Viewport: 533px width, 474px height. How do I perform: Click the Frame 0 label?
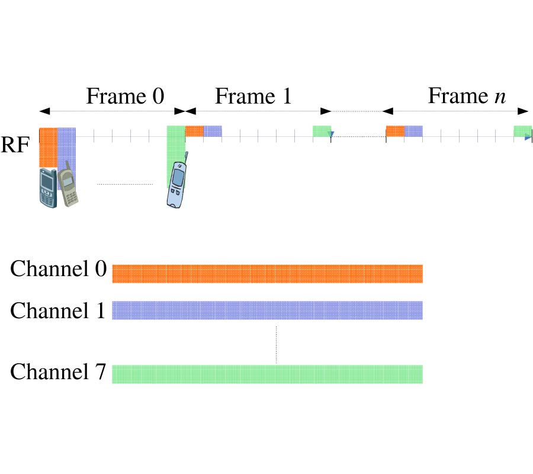point(125,96)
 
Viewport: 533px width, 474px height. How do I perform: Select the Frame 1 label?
point(253,96)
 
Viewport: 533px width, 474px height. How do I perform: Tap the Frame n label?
point(467,96)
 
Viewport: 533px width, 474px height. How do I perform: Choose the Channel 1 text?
point(58,310)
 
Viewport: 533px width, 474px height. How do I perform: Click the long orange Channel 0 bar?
point(267,274)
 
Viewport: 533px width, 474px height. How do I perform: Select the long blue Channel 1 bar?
point(267,311)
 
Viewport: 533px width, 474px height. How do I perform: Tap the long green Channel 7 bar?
point(267,374)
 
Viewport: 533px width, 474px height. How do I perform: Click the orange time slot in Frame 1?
point(194,132)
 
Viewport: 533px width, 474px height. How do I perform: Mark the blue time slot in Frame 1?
point(213,132)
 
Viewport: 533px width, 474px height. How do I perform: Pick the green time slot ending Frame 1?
point(322,132)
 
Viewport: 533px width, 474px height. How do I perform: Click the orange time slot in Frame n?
point(395,132)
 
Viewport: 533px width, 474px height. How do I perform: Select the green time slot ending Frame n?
point(522,132)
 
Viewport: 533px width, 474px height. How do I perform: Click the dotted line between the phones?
point(125,184)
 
